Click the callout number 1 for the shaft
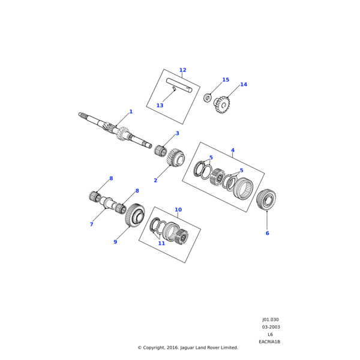pos(131,112)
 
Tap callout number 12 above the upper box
pos(183,70)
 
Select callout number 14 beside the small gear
pos(244,85)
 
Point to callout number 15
pos(226,80)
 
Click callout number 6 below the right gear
pos(267,233)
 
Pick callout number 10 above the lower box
pos(178,209)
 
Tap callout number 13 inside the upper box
pos(160,106)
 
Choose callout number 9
pos(115,242)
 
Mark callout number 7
pos(92,224)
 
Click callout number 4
pos(233,150)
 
